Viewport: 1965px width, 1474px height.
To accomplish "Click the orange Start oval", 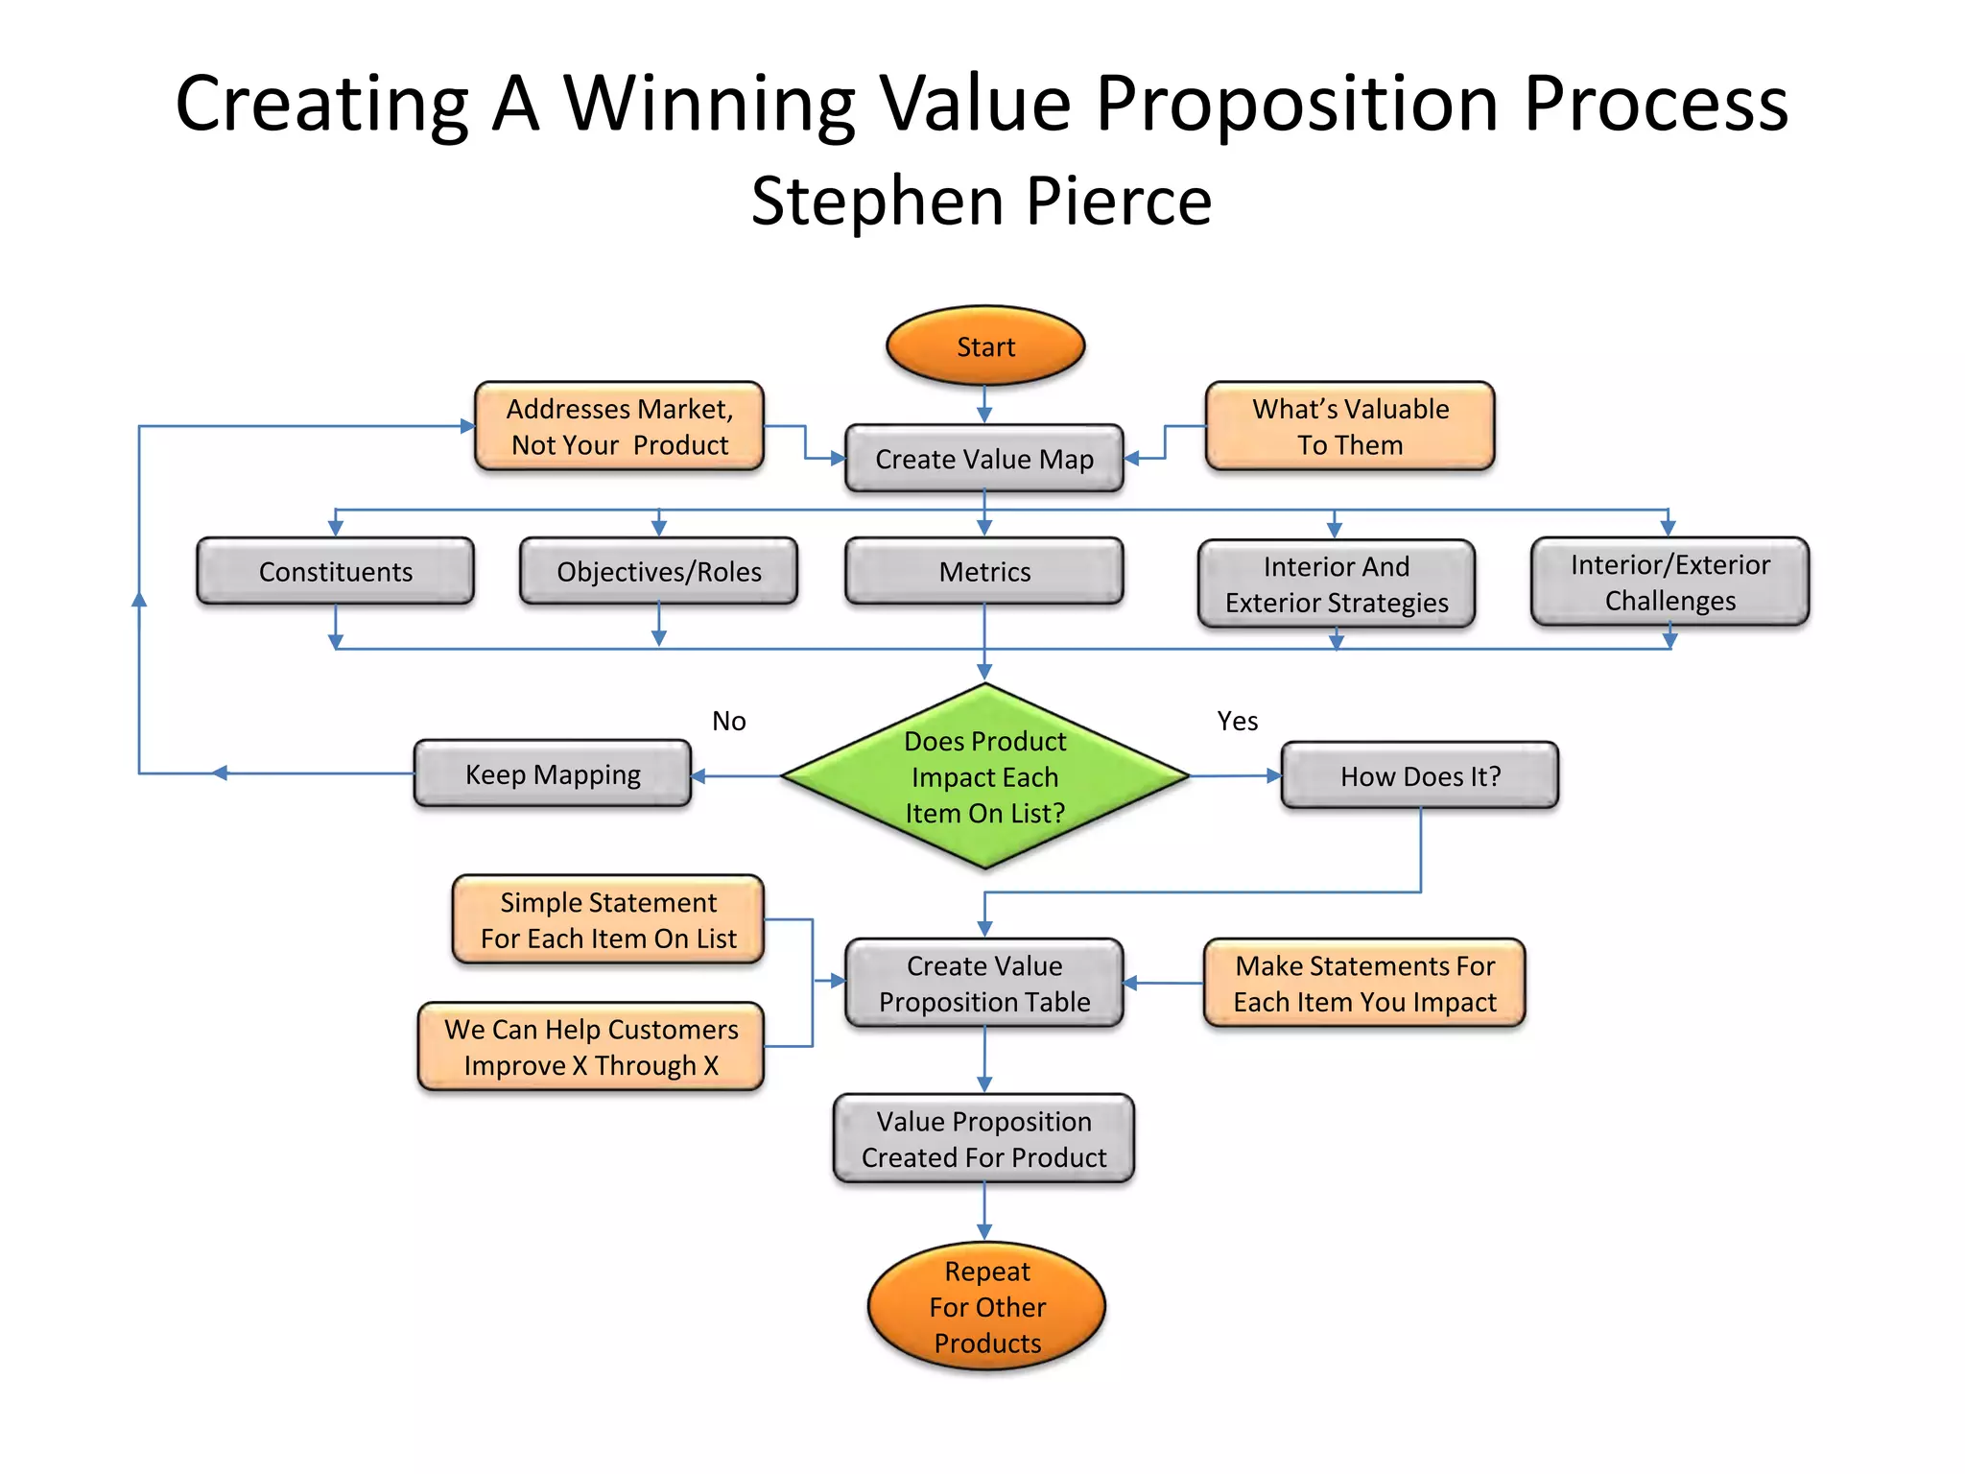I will click(x=984, y=346).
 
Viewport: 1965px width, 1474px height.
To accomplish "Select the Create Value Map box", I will click(x=983, y=459).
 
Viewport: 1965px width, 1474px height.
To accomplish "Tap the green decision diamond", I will click(x=984, y=776).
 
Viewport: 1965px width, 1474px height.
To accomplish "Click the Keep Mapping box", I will click(x=553, y=773).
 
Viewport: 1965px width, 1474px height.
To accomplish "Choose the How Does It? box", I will click(x=1419, y=775).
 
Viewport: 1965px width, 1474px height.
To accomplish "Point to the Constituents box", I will click(x=335, y=571).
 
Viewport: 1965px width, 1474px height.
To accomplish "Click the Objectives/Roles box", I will click(x=658, y=571).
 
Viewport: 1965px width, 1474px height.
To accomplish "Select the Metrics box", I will click(x=983, y=571).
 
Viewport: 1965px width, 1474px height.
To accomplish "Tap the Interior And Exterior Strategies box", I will click(x=1336, y=583).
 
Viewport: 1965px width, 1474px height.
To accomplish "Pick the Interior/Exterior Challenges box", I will click(x=1669, y=582).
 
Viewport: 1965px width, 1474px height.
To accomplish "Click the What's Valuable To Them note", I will click(x=1349, y=426).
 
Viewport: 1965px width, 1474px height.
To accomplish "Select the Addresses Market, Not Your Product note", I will click(x=619, y=426).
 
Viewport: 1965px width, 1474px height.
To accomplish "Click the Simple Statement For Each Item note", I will click(x=608, y=919).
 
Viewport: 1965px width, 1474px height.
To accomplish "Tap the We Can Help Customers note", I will click(x=590, y=1046).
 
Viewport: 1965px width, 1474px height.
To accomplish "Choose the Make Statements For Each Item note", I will click(x=1363, y=983).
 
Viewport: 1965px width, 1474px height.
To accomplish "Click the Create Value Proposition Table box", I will click(x=983, y=983).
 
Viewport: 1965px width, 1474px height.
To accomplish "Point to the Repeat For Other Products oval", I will click(x=986, y=1306).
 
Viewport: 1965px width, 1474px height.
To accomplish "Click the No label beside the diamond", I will click(x=728, y=721).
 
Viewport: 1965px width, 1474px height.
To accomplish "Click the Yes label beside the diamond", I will click(x=1237, y=721).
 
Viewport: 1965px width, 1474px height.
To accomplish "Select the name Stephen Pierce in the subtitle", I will click(x=981, y=202).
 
